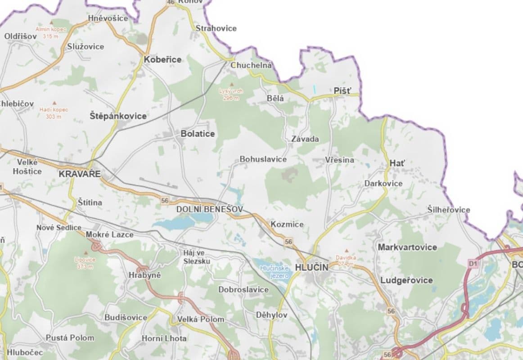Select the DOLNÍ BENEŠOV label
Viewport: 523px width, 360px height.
(209, 209)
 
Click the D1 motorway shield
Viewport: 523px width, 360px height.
(472, 263)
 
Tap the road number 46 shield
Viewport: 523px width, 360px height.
(170, 2)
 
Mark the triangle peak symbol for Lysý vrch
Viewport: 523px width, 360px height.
(231, 84)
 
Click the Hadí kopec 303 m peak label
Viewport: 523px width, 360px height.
(53, 113)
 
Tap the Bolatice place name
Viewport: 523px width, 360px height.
(198, 134)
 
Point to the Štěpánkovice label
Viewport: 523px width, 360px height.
(118, 116)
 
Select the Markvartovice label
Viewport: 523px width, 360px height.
(407, 247)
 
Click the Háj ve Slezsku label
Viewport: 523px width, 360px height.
(194, 256)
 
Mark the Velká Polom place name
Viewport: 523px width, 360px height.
(201, 319)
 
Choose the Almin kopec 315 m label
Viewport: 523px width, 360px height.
(51, 32)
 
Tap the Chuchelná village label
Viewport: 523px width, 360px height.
(251, 65)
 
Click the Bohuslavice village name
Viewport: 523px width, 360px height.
(263, 159)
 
